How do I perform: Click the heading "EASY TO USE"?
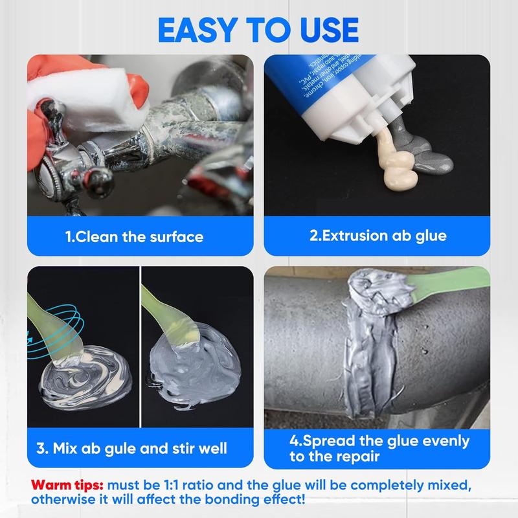259,29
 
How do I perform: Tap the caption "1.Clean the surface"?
134,236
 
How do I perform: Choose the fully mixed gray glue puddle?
194,376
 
